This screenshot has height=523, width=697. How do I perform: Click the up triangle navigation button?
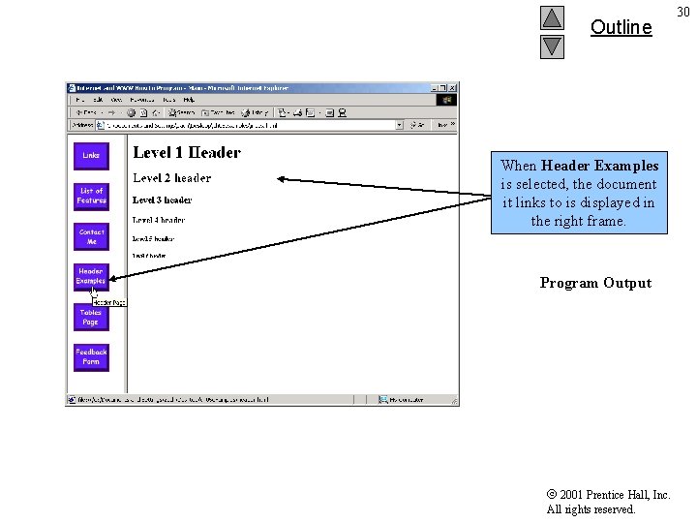pos(552,18)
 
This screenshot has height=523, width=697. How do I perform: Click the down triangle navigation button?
pos(552,46)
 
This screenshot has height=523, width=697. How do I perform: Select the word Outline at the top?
pos(621,27)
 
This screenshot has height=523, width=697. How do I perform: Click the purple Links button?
pos(91,155)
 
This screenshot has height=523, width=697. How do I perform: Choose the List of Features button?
pos(91,196)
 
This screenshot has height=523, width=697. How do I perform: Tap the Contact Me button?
pos(91,236)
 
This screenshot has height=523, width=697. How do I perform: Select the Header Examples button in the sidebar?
pos(91,276)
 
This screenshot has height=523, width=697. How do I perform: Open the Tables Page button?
pos(91,317)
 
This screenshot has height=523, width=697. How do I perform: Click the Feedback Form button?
pos(91,356)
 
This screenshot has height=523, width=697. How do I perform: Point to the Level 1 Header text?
pos(187,153)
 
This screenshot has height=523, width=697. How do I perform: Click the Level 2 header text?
pos(171,178)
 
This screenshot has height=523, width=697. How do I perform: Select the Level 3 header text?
pos(162,200)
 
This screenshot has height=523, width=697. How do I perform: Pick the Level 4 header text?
pos(158,221)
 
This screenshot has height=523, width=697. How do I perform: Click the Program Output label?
pos(595,283)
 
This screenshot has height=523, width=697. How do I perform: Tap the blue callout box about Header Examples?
pos(579,193)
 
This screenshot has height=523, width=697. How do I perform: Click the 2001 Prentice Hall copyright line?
pos(608,495)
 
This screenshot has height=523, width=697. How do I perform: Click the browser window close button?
pos(453,88)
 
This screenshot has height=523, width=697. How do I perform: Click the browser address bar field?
pos(252,125)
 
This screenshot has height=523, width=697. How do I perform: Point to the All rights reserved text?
pos(591,509)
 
